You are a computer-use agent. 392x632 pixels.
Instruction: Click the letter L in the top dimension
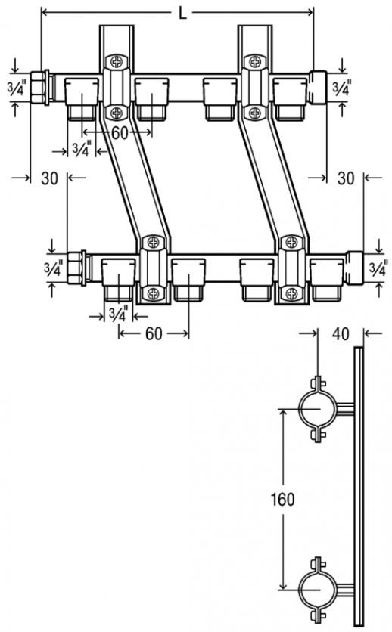(x=182, y=14)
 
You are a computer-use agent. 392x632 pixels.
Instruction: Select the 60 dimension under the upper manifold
(x=120, y=133)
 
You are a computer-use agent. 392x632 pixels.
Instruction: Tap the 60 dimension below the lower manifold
(x=154, y=333)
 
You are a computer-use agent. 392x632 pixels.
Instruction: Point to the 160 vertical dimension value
(x=282, y=500)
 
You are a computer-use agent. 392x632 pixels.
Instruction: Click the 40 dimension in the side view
(x=341, y=333)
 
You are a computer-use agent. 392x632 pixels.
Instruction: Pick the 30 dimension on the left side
(x=50, y=178)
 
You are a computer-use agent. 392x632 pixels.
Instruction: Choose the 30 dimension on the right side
(x=346, y=178)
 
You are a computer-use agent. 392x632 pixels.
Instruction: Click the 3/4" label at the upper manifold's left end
(x=17, y=88)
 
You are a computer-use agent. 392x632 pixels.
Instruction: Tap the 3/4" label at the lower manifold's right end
(x=379, y=269)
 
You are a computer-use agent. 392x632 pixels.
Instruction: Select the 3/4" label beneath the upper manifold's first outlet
(x=82, y=149)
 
